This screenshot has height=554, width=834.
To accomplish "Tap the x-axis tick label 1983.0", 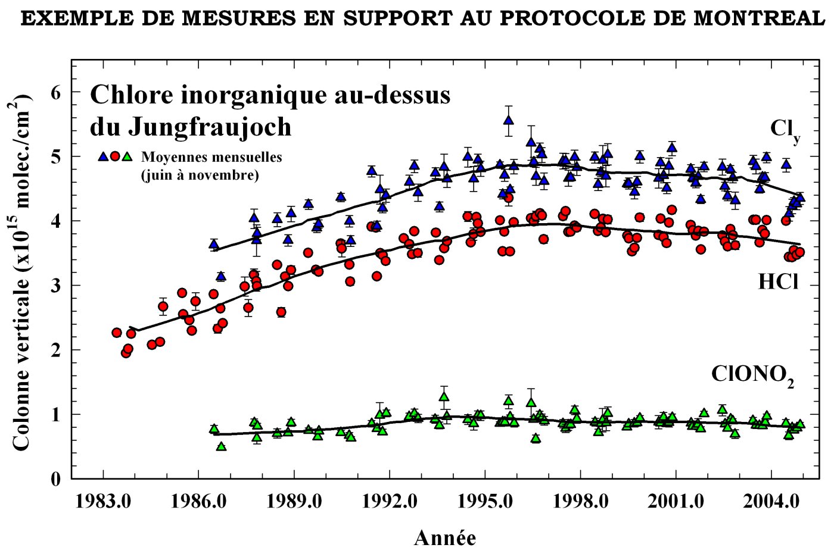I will click(104, 502).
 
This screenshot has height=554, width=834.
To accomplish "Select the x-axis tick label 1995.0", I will click(486, 502).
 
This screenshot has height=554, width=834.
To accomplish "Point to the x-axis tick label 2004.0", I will click(772, 502).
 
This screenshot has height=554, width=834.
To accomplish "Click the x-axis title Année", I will click(445, 538).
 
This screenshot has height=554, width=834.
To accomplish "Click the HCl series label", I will click(778, 281).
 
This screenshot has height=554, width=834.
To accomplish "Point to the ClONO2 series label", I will click(752, 375).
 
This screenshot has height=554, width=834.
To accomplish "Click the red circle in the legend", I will click(115, 157).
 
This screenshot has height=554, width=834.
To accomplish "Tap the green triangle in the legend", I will click(126, 157).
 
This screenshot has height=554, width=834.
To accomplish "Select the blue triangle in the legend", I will click(103, 157).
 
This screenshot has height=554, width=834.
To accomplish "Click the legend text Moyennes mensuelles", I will click(211, 158).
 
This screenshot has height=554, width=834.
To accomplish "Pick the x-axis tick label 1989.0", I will click(294, 502).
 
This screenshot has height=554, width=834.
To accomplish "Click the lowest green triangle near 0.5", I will click(221, 446).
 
